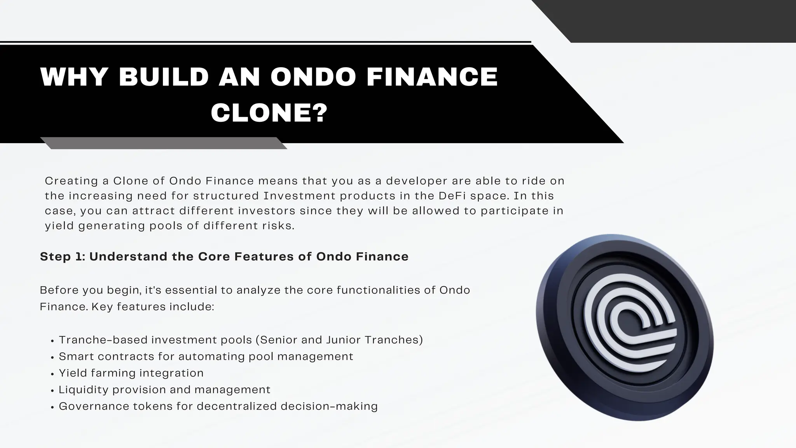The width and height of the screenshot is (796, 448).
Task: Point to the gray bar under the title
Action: pyautogui.click(x=163, y=143)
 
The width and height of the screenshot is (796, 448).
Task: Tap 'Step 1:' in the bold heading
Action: pyautogui.click(x=62, y=257)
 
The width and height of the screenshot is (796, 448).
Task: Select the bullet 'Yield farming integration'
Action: pyautogui.click(x=131, y=373)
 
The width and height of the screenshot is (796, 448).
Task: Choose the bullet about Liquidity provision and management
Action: pyautogui.click(x=164, y=390)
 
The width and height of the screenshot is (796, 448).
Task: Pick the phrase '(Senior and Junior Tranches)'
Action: pyautogui.click(x=339, y=340)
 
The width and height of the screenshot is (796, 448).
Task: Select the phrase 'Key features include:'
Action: pyautogui.click(x=153, y=307)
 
